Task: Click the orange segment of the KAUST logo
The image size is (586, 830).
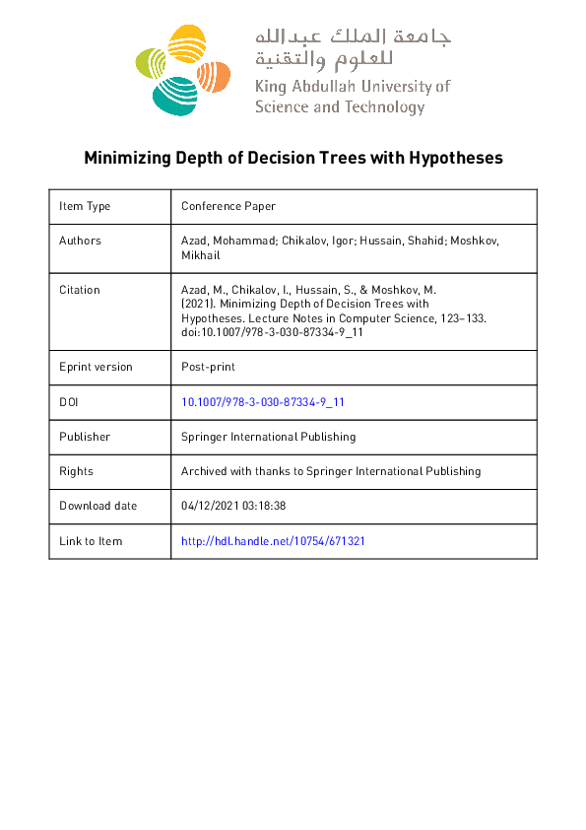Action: pyautogui.click(x=214, y=72)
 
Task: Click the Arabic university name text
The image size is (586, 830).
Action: pyautogui.click(x=352, y=49)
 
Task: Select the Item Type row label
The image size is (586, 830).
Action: pyautogui.click(x=85, y=206)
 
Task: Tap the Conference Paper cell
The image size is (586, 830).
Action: pyautogui.click(x=228, y=206)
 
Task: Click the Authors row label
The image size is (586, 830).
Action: pyautogui.click(x=80, y=241)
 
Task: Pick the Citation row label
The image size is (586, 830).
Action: pyautogui.click(x=80, y=290)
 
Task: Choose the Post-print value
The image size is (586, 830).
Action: pyautogui.click(x=207, y=367)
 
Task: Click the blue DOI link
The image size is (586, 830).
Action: pyautogui.click(x=263, y=402)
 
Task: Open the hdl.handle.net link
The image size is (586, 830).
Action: pyautogui.click(x=274, y=541)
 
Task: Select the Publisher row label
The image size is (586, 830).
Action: pyautogui.click(x=85, y=437)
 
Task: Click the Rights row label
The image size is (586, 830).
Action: pyautogui.click(x=76, y=471)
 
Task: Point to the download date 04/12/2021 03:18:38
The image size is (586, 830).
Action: pyautogui.click(x=233, y=506)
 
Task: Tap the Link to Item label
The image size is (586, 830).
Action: pyautogui.click(x=91, y=541)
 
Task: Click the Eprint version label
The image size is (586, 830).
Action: pyautogui.click(x=96, y=367)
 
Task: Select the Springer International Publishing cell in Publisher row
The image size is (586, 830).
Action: pyautogui.click(x=268, y=437)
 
